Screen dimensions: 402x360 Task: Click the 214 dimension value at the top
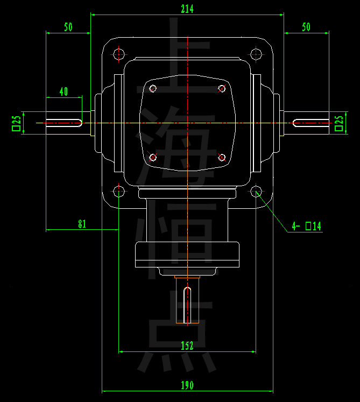point(187,9)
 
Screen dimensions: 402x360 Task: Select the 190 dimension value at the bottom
point(187,385)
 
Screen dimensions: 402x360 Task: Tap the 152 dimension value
point(187,346)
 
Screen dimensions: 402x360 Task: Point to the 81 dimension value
point(82,224)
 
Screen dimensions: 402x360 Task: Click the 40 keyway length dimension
point(63,92)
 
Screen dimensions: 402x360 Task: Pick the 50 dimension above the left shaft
point(68,27)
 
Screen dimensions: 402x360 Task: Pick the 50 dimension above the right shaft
point(306,27)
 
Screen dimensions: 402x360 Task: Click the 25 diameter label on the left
point(16,123)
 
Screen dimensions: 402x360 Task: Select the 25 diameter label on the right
point(339,123)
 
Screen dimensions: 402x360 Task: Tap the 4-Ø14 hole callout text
point(307,226)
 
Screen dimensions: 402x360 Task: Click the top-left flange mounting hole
point(119,54)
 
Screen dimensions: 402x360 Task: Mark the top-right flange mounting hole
point(256,54)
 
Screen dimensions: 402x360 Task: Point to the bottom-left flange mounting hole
point(119,191)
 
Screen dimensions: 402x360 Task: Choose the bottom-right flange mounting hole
point(256,191)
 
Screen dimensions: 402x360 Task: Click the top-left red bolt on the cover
point(153,89)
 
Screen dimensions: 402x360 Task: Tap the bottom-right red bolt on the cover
point(222,158)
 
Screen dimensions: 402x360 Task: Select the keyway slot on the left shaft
point(63,123)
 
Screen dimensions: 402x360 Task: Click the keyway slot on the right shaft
point(311,123)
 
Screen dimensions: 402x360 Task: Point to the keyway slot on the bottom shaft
point(187,305)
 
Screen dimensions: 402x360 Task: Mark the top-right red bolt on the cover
point(222,89)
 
